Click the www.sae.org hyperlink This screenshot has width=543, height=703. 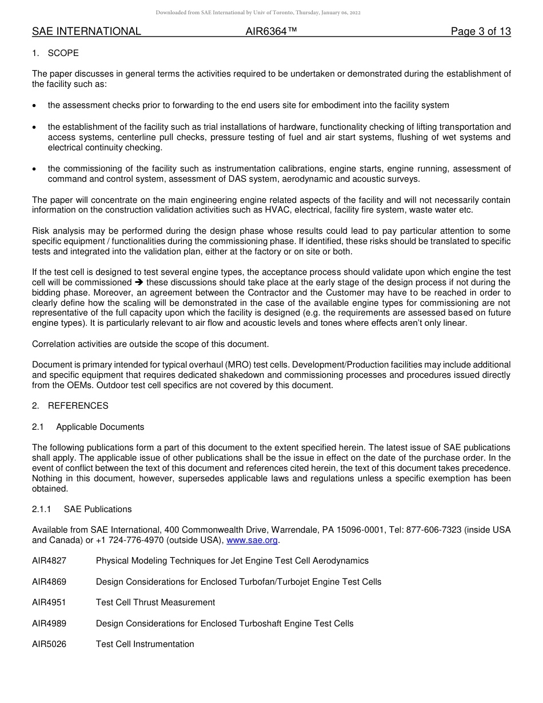252,540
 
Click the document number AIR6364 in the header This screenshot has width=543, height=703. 271,31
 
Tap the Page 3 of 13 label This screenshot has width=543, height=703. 481,31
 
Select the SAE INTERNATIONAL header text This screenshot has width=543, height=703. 86,31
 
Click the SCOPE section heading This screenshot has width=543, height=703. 63,53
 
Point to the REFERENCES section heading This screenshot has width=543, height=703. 78,406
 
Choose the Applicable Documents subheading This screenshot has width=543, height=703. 100,427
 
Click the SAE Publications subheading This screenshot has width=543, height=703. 98,509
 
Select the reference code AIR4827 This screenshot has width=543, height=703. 49,561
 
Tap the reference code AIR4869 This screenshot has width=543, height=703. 49,582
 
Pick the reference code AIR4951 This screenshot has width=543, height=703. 49,602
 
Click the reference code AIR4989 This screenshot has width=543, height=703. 49,624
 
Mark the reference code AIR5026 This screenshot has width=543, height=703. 49,644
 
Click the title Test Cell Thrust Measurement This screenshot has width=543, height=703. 155,602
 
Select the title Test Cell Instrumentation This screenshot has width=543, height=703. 145,644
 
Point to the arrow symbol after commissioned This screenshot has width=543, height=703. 139,282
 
